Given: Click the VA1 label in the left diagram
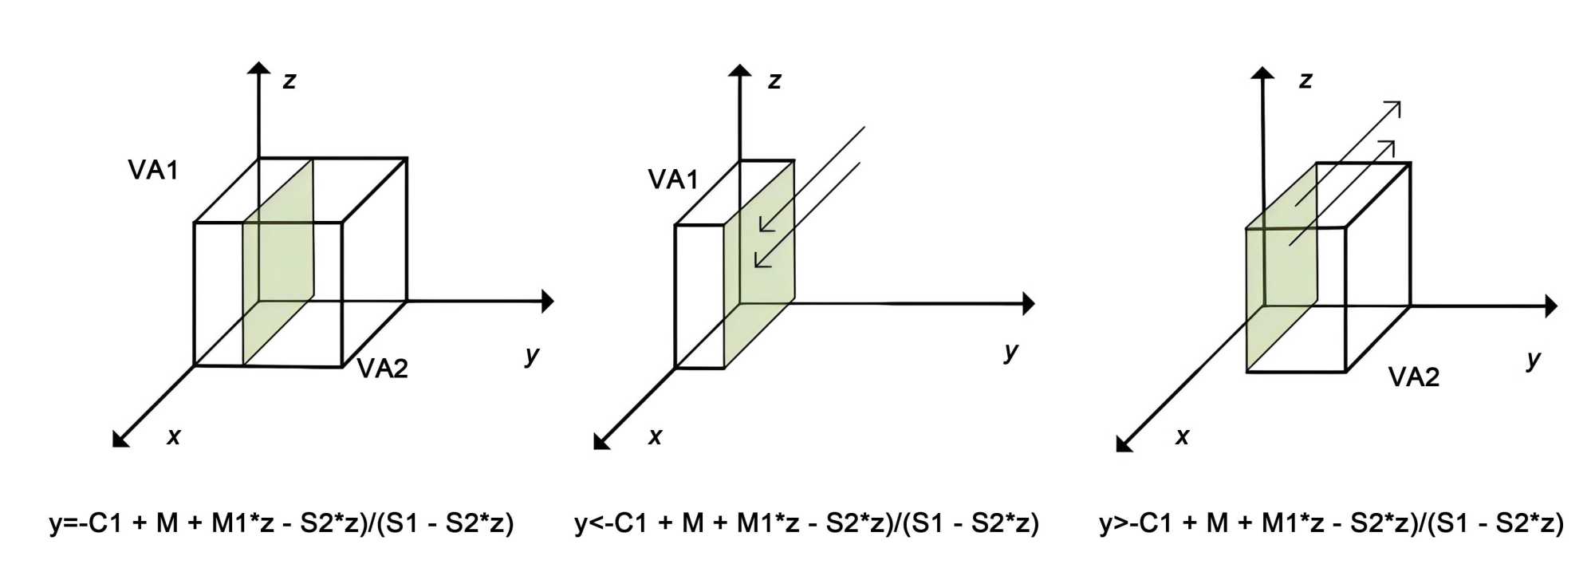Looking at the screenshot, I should click(x=153, y=170).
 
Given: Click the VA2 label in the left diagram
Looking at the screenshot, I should click(x=382, y=368).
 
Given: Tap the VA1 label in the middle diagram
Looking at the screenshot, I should click(x=672, y=179).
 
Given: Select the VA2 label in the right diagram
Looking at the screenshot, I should click(x=1413, y=377).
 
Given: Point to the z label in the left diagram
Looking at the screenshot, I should click(x=289, y=81).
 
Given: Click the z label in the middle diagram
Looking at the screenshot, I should click(x=774, y=81).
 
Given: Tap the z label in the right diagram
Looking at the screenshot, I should click(x=1306, y=81).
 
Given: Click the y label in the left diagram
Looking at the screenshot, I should click(x=532, y=355).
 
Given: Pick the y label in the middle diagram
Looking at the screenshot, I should click(x=1011, y=351).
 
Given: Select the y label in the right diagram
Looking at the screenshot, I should click(x=1533, y=360).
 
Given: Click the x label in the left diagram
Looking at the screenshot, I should click(x=174, y=436).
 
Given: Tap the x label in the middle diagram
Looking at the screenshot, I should click(x=655, y=436).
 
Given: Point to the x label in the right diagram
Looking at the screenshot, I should click(x=1182, y=436).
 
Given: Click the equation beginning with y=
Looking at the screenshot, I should click(x=282, y=523).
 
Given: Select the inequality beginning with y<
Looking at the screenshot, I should click(x=806, y=523).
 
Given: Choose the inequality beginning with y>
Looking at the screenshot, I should click(x=1331, y=523).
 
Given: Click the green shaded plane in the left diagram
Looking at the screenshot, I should click(x=278, y=263).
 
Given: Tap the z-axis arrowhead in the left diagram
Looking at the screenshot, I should click(x=258, y=68).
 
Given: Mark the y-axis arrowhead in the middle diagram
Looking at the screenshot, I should click(x=1029, y=303).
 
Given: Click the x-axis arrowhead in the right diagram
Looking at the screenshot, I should click(x=1124, y=444).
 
